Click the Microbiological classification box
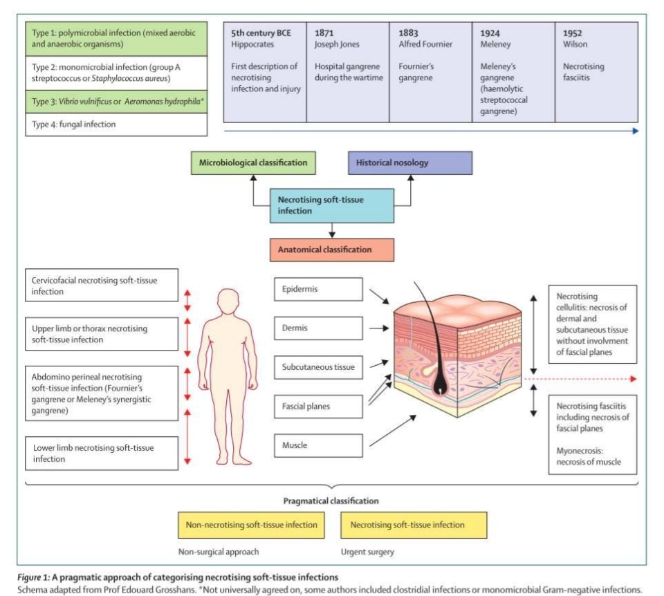coord(252,163)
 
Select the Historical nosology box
coord(410,163)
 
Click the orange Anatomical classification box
coord(332,250)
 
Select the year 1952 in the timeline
coord(573,32)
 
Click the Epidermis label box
coord(317,289)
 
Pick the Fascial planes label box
coord(317,407)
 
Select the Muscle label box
coord(317,445)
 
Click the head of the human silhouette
coord(228,301)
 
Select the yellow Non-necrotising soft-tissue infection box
coord(251,525)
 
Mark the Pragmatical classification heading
coord(331,501)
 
